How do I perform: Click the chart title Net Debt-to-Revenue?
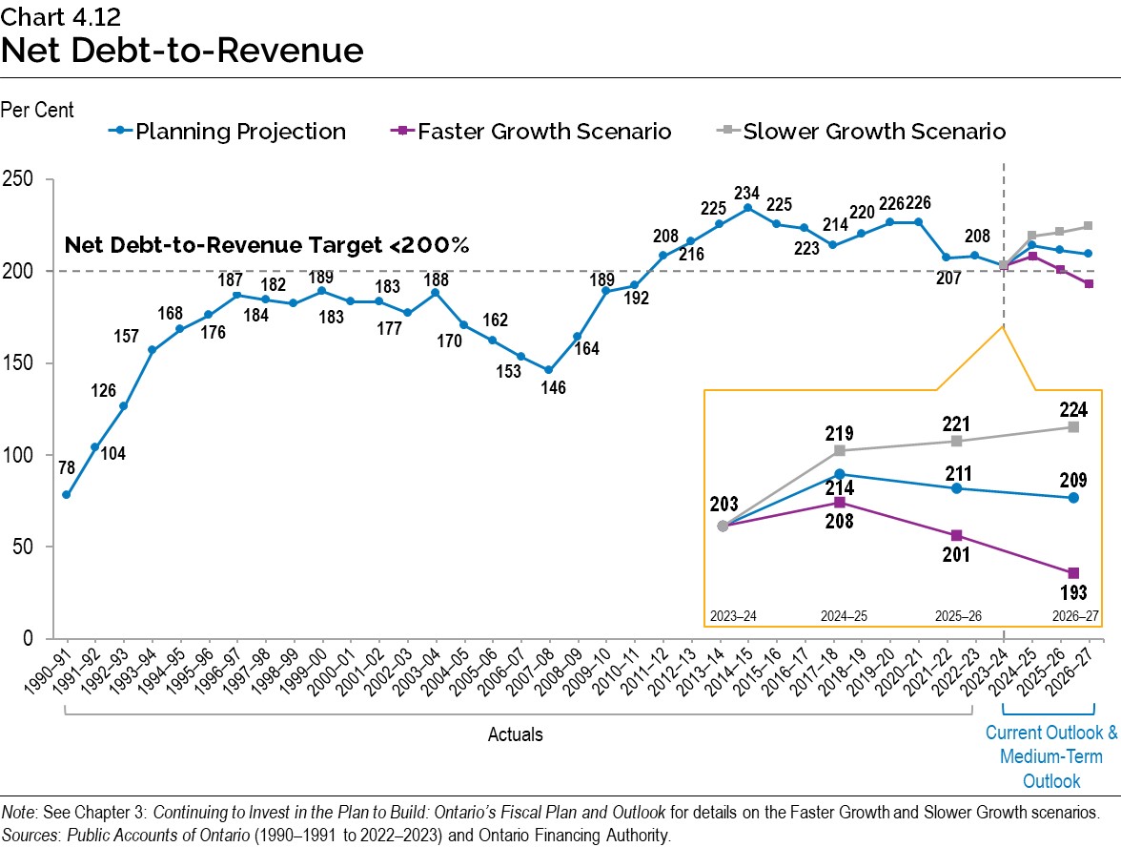point(182,51)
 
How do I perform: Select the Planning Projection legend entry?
point(240,132)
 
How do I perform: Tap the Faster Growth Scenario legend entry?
point(543,132)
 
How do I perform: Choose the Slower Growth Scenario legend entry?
point(873,132)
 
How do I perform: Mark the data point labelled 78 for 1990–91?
point(66,494)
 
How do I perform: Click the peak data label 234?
point(746,192)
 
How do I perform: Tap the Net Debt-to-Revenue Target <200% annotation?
point(267,245)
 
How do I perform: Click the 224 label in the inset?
point(1073,409)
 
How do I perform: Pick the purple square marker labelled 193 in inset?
point(1073,572)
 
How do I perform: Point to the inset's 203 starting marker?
point(723,526)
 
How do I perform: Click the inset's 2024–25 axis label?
point(840,616)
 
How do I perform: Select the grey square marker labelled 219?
point(839,450)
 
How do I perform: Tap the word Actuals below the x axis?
point(515,734)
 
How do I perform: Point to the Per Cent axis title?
point(37,111)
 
